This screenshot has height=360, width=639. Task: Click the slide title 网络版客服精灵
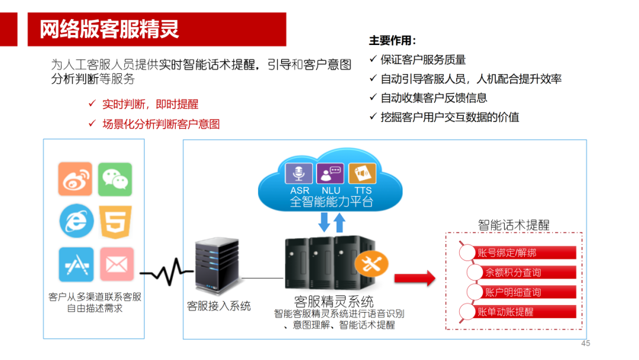[109, 29]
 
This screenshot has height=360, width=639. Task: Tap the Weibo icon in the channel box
[75, 179]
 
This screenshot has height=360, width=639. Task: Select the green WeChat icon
[115, 179]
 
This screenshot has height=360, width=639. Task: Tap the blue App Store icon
[76, 264]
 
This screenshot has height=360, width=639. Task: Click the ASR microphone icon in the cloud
[299, 174]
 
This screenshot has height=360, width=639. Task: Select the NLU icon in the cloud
[331, 174]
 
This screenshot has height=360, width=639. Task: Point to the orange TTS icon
[362, 174]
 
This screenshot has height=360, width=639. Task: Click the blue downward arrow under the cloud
[324, 222]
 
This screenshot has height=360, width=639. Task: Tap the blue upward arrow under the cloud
[340, 222]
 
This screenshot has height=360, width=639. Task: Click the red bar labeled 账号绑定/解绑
[518, 253]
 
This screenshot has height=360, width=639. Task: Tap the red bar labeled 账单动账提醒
[518, 311]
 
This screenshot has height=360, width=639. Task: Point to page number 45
[586, 343]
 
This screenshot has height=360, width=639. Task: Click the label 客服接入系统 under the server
[219, 306]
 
